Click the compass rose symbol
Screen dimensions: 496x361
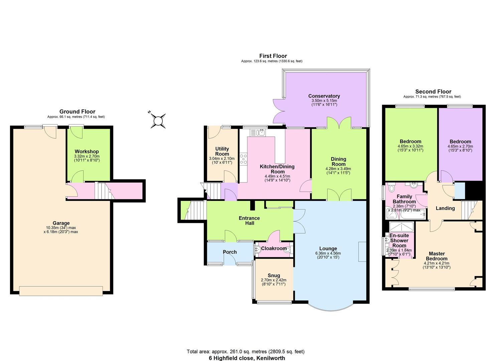158,120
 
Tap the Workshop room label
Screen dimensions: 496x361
87,151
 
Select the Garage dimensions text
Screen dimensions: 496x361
61,230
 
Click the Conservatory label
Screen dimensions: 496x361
324,96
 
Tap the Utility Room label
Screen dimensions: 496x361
222,151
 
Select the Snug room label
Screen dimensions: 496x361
274,275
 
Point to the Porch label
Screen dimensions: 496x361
229,252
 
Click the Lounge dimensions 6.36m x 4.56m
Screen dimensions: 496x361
328,253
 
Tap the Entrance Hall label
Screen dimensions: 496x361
249,221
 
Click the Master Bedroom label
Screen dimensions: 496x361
437,256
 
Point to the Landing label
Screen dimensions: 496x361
445,208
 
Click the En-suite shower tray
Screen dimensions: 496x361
401,227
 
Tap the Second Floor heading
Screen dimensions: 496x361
433,92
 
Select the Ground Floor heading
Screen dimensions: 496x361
77,111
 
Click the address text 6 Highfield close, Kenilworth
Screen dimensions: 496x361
247,358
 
